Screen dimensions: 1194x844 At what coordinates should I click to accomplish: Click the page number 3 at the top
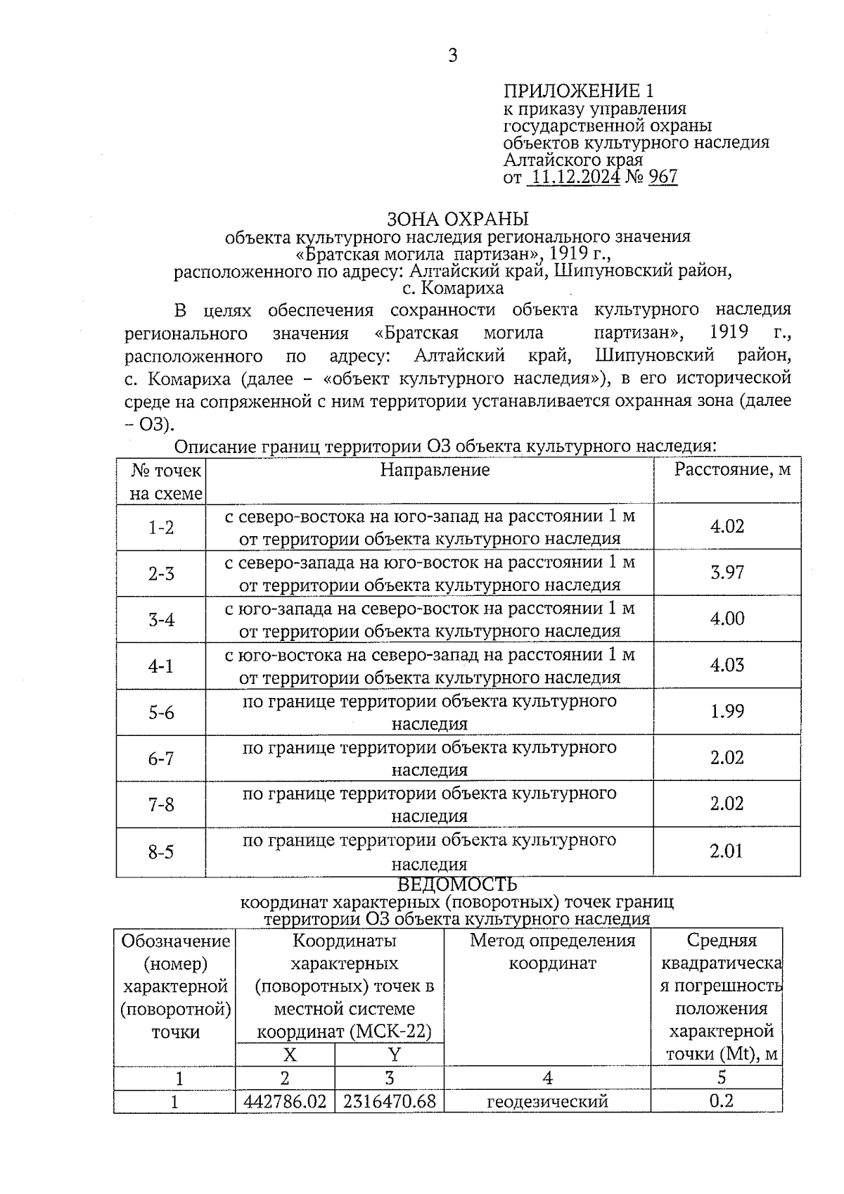[452, 55]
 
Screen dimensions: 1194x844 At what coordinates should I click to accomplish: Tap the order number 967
[663, 177]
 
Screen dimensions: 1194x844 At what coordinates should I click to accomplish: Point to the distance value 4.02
[727, 526]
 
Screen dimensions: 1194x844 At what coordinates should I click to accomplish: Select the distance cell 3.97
[727, 573]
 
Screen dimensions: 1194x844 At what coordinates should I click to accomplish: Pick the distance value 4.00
[727, 619]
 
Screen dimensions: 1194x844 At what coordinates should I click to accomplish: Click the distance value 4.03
[727, 666]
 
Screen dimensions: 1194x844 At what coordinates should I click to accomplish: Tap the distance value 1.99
[727, 712]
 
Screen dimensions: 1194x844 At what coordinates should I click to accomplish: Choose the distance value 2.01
[727, 851]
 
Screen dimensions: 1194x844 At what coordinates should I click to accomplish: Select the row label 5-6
[161, 713]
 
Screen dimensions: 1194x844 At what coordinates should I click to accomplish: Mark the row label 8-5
[161, 853]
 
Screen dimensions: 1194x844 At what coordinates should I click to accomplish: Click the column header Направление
[435, 469]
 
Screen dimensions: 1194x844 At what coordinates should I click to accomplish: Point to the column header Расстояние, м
[733, 469]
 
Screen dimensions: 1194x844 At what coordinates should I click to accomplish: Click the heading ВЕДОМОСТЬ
[457, 884]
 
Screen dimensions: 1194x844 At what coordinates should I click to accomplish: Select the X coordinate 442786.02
[285, 1101]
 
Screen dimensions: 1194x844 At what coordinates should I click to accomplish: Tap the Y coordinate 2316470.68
[390, 1101]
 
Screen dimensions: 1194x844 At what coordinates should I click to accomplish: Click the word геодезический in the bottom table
[547, 1101]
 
